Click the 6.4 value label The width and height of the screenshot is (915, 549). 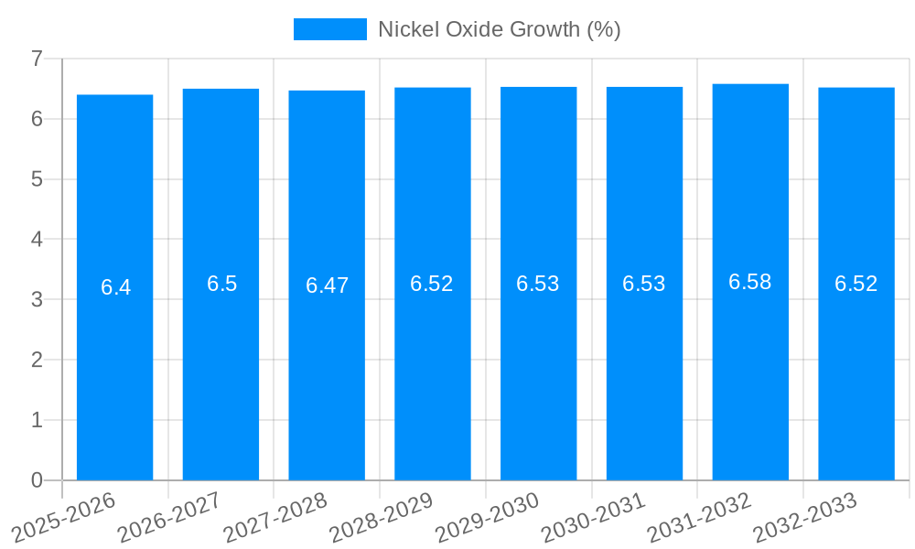tap(115, 287)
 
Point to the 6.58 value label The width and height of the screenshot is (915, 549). tap(750, 282)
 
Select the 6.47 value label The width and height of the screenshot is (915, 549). tap(327, 285)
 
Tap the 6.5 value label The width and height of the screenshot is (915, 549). tap(221, 284)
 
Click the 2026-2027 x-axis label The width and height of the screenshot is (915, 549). tap(169, 518)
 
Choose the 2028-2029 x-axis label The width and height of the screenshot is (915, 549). tap(382, 518)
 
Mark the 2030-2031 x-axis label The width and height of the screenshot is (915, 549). tap(594, 518)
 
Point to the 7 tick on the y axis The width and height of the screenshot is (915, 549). tap(37, 59)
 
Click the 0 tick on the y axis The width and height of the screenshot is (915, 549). tap(37, 480)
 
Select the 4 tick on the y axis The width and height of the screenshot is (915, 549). tap(37, 239)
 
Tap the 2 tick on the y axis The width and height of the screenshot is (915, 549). tap(37, 360)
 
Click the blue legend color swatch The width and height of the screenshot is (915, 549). tap(329, 29)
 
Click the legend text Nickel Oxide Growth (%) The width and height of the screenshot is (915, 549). tap(500, 29)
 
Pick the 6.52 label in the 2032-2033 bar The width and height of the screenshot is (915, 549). tap(856, 284)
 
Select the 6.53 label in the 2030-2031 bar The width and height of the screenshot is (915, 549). tap(644, 284)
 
